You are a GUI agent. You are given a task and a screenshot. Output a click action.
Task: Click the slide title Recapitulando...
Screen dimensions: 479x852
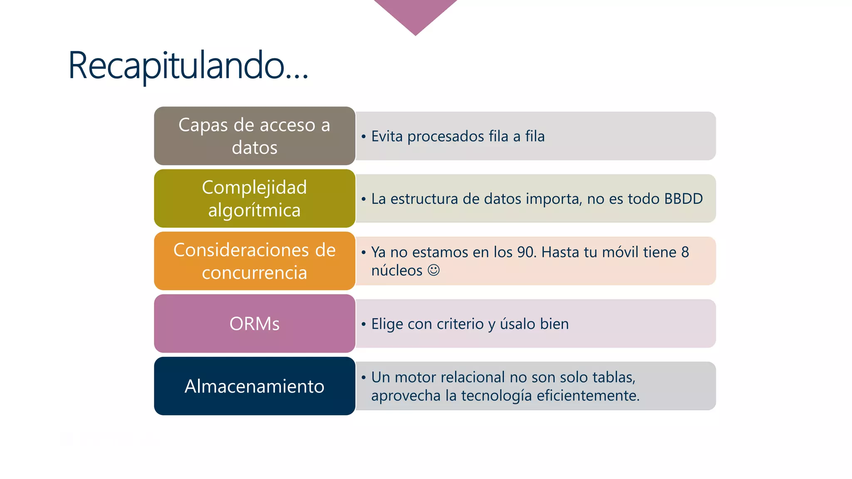click(x=188, y=66)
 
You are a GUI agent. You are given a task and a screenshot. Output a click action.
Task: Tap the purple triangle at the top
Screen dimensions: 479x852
click(x=415, y=12)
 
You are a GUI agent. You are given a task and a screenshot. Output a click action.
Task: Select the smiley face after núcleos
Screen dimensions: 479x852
click(x=433, y=270)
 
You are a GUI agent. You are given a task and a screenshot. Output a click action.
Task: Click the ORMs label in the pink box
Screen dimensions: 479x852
click(x=254, y=324)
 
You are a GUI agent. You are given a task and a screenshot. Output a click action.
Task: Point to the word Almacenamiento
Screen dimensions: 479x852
click(x=254, y=386)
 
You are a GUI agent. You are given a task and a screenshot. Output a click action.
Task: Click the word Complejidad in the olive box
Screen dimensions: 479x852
click(x=254, y=188)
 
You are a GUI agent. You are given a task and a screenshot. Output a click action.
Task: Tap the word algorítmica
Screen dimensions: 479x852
click(x=254, y=210)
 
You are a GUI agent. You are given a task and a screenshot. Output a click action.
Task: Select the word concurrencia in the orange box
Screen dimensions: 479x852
click(x=254, y=273)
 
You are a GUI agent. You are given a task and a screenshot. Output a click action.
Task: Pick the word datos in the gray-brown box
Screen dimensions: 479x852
click(x=254, y=148)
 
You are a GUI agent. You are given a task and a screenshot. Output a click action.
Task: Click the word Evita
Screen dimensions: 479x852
click(x=387, y=136)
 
